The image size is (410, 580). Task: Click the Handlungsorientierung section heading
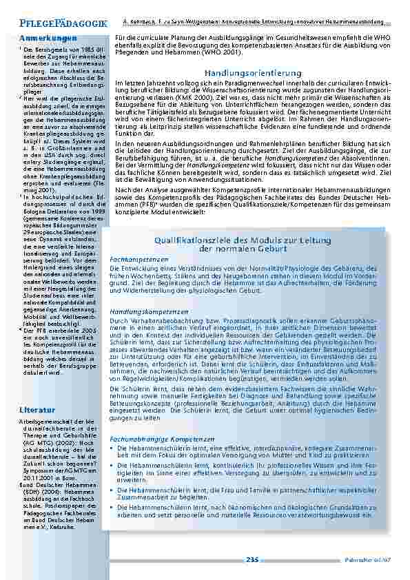point(253,72)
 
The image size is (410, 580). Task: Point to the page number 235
point(252,559)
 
